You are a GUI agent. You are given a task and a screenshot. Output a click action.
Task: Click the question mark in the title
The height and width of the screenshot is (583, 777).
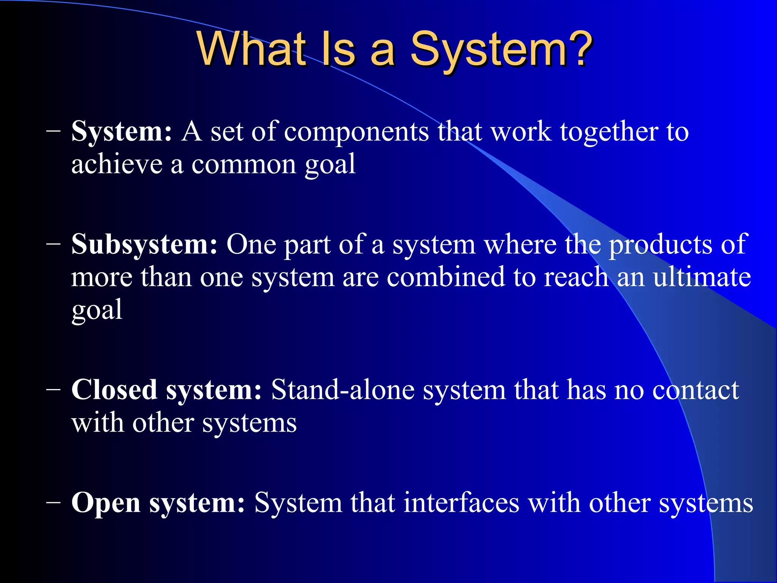tap(579, 49)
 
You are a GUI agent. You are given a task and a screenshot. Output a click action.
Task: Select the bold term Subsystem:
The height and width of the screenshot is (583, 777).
tap(145, 244)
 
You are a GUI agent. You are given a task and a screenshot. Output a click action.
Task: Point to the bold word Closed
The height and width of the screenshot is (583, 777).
tap(114, 390)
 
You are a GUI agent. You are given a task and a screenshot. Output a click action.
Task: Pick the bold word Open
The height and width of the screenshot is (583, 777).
tap(106, 503)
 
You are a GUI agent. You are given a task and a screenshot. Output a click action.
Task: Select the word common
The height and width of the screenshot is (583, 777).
tap(244, 165)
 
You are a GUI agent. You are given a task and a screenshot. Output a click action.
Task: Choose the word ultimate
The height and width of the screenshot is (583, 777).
tap(702, 277)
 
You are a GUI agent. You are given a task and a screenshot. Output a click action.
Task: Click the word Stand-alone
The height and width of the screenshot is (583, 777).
tap(343, 390)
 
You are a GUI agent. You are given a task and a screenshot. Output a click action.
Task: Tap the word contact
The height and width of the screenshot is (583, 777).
tap(695, 391)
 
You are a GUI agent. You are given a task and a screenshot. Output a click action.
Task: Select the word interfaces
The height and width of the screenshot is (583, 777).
tap(461, 503)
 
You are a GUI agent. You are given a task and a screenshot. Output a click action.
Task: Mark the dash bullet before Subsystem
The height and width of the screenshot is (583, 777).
tap(53, 244)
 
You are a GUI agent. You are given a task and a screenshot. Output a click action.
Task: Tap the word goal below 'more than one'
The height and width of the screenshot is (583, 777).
tap(97, 310)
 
